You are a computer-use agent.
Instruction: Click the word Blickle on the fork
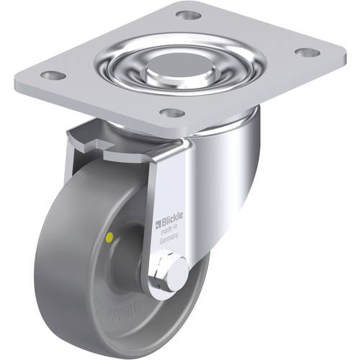click(x=173, y=213)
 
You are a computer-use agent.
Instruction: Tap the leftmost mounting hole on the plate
click(x=50, y=75)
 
